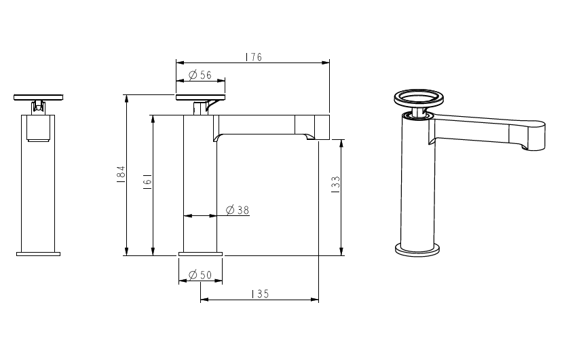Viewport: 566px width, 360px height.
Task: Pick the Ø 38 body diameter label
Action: click(238, 211)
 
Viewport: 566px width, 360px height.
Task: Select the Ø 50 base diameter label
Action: click(200, 274)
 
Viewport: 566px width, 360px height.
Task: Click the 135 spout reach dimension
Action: click(260, 294)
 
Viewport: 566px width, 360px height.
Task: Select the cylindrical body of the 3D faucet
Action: click(415, 183)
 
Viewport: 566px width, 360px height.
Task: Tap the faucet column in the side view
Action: click(200, 190)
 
